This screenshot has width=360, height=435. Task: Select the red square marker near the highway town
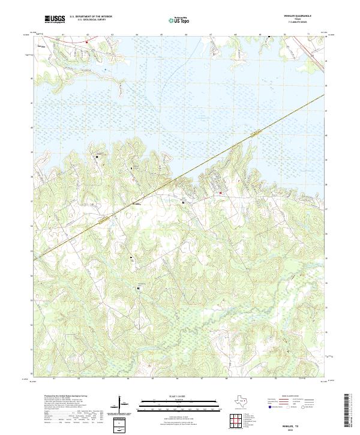[x=220, y=193]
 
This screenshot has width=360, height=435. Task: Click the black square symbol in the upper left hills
[x=98, y=157]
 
